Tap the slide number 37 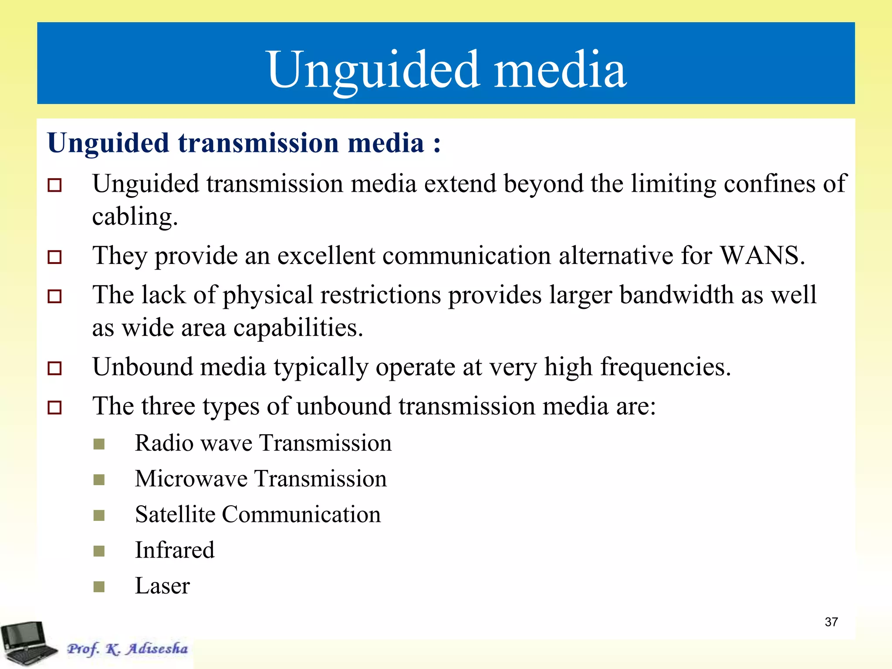[x=831, y=622]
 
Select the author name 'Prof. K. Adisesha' [x=127, y=649]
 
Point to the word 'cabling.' [x=135, y=216]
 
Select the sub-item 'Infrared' [x=175, y=550]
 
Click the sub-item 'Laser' [x=162, y=585]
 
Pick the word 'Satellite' [x=175, y=514]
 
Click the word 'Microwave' [x=191, y=479]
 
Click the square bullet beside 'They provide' [x=54, y=257]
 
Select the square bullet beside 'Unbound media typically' [x=54, y=368]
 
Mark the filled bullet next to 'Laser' [x=99, y=587]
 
